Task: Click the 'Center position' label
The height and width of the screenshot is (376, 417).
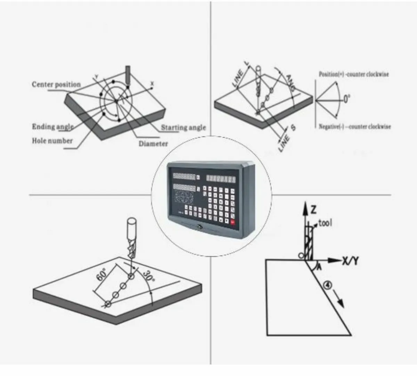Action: point(56,85)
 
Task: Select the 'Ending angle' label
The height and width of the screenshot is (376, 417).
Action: point(53,127)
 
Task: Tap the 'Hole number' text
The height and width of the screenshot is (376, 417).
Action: point(52,141)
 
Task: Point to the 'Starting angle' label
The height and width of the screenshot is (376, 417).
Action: point(183,128)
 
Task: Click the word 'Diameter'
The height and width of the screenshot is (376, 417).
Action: point(153,144)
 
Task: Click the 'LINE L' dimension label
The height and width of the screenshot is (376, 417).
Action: point(240,74)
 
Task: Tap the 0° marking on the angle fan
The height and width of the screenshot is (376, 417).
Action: point(346,99)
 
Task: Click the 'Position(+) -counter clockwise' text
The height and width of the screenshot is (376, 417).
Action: point(354,74)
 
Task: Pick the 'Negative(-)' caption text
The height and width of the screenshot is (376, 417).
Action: point(355,127)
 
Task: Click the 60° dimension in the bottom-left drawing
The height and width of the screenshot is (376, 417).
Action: point(101,275)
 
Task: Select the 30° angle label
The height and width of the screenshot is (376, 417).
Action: point(148,277)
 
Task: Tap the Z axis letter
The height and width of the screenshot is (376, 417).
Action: point(313,209)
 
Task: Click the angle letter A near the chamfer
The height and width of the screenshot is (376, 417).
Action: point(319,267)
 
